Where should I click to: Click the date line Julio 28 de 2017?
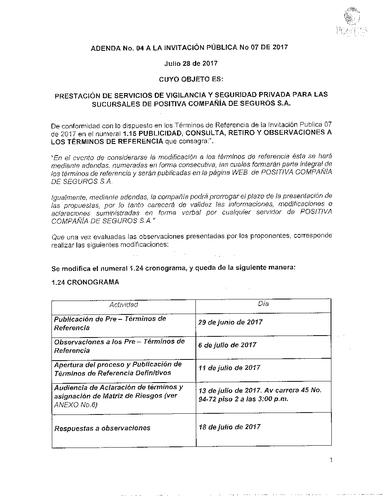(191, 63)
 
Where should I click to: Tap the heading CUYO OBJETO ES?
(191, 79)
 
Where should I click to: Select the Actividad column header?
(124, 305)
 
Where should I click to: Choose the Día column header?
(263, 304)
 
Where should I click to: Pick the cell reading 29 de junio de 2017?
(230, 323)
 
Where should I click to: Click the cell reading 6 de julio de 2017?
(227, 345)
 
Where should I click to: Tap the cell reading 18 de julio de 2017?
(230, 427)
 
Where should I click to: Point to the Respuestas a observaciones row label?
(102, 428)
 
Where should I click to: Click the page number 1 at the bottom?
(331, 460)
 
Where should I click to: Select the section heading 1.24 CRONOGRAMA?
(85, 282)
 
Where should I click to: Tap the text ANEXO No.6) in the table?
(76, 405)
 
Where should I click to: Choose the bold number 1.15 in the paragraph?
(130, 133)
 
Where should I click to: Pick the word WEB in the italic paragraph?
(240, 173)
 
